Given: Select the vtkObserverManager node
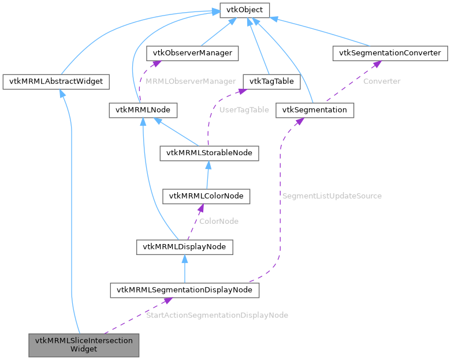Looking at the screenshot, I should pyautogui.click(x=192, y=53).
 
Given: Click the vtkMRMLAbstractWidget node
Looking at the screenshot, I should pyautogui.click(x=56, y=81).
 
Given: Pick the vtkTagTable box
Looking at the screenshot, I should pyautogui.click(x=271, y=81).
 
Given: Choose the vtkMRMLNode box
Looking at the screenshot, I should pyautogui.click(x=142, y=110).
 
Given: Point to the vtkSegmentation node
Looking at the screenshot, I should pyautogui.click(x=314, y=110).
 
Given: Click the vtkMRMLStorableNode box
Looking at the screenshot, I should pyautogui.click(x=209, y=153).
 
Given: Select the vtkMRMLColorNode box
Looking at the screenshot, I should pyautogui.click(x=206, y=196).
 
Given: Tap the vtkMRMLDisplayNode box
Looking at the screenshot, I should pyautogui.click(x=184, y=247).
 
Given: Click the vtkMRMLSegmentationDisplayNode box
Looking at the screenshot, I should pyautogui.click(x=184, y=290).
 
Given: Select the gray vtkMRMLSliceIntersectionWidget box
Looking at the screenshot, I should pyautogui.click(x=84, y=344).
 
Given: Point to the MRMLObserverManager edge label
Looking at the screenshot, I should pyautogui.click(x=191, y=81).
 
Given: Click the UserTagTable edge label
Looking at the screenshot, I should pyautogui.click(x=244, y=110).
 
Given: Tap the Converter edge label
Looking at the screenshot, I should pyautogui.click(x=381, y=81).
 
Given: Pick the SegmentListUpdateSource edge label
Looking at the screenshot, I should pyautogui.click(x=331, y=196).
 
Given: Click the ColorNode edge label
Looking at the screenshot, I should pyautogui.click(x=219, y=221).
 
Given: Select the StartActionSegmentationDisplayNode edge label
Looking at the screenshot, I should pyautogui.click(x=217, y=315).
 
